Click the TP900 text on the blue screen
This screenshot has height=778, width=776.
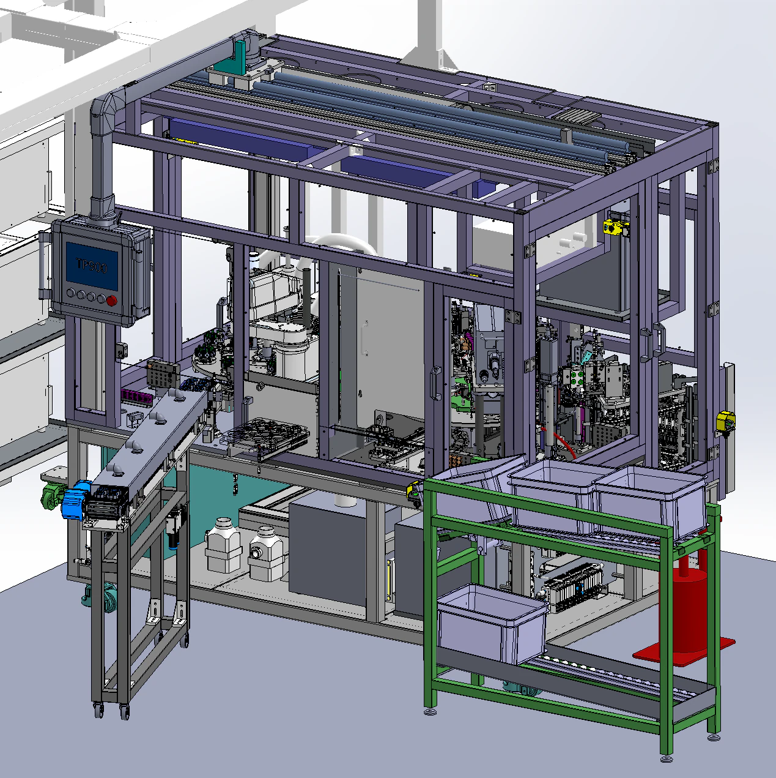click(x=91, y=266)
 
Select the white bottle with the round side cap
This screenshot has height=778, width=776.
click(x=264, y=554)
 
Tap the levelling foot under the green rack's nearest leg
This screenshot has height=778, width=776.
click(x=667, y=758)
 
